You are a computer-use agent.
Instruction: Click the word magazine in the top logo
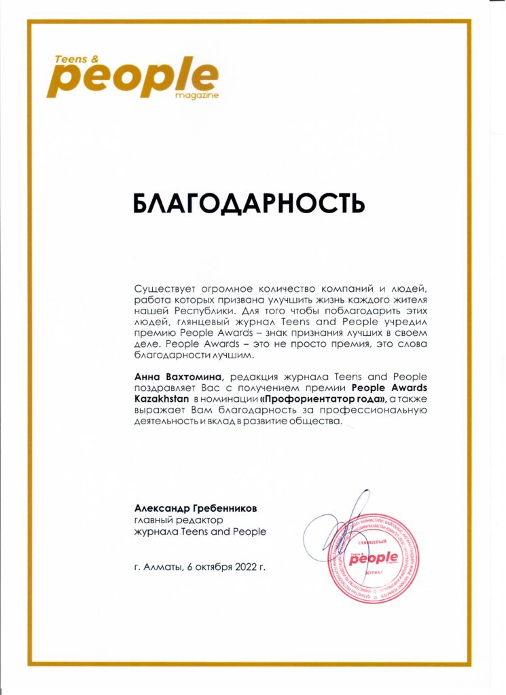tap(196, 96)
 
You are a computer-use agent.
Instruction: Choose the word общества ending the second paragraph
tap(317, 422)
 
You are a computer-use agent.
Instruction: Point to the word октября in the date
tap(209, 566)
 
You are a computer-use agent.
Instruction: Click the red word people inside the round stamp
tap(376, 558)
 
